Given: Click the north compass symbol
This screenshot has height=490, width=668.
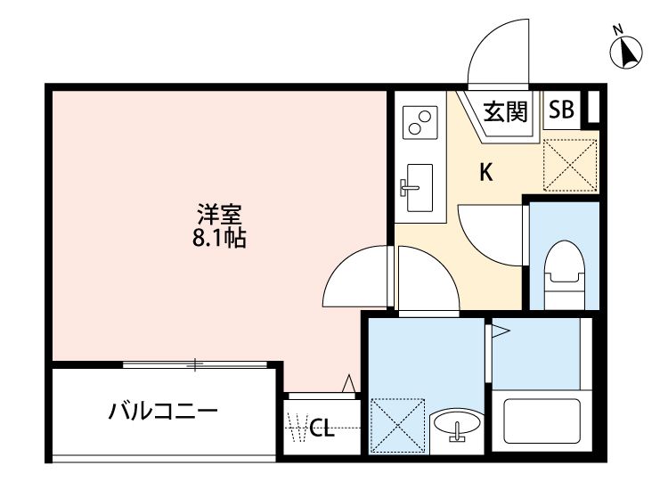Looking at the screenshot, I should (627, 52).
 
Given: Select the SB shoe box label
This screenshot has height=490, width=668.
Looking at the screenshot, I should (561, 110).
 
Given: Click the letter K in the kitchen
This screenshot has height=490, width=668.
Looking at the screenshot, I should (486, 173).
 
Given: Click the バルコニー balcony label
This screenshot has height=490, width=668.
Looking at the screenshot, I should (164, 412).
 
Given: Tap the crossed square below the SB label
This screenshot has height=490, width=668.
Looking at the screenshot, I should (571, 160).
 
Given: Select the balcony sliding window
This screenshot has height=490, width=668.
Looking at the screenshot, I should (194, 363).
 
